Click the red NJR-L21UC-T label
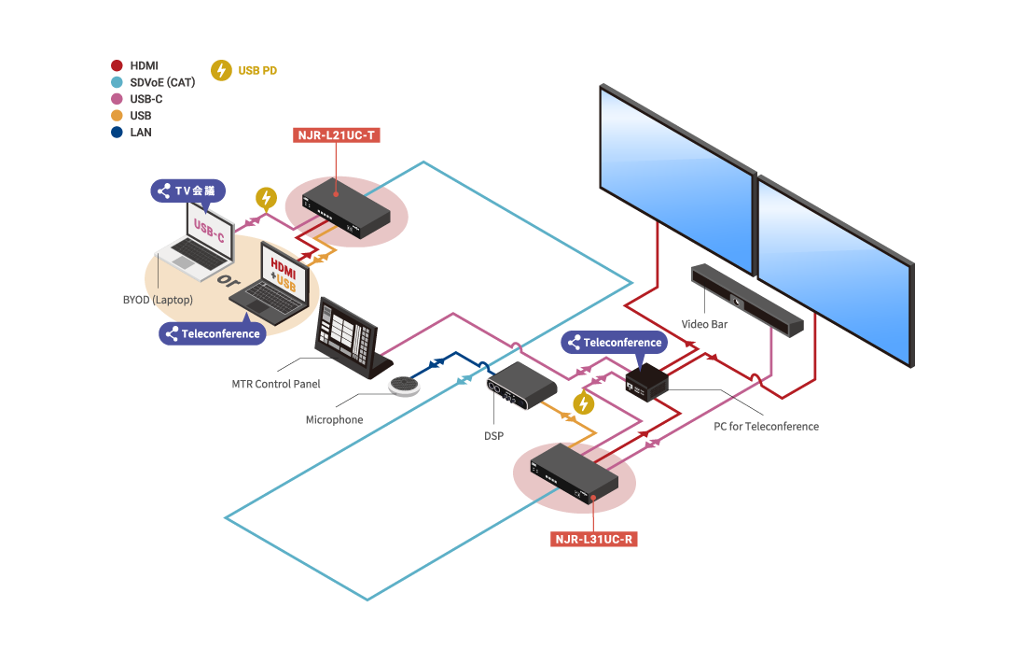(337, 135)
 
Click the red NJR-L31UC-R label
(594, 539)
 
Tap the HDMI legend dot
(117, 65)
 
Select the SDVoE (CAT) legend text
(162, 82)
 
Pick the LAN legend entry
(140, 133)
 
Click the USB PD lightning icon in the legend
(221, 70)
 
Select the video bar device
(746, 301)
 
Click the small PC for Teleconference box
(647, 381)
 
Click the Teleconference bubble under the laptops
(212, 333)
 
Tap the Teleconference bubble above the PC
(615, 343)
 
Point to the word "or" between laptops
(223, 280)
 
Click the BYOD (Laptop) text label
(158, 300)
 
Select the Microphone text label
(334, 420)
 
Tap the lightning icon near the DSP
(583, 403)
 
